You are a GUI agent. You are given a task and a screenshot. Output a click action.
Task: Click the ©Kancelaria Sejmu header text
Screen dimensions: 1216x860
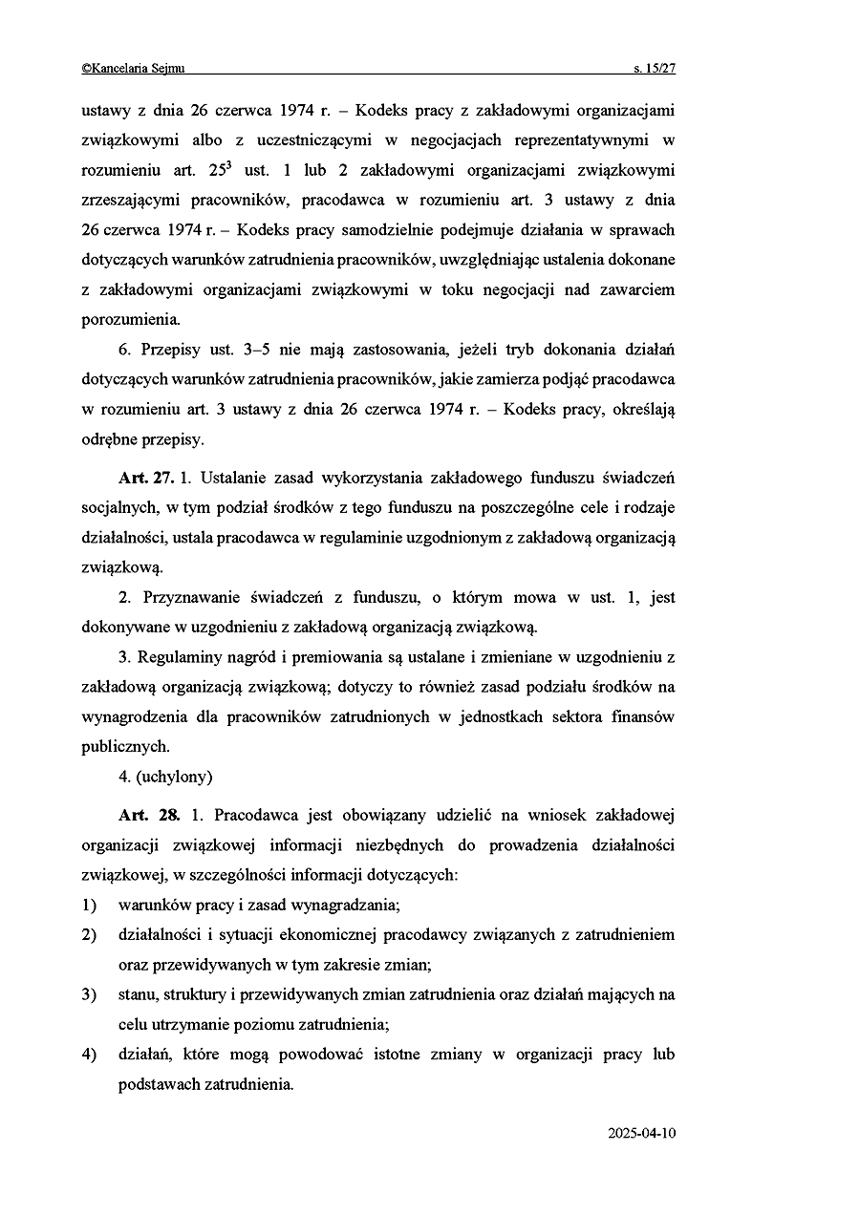pyautogui.click(x=133, y=68)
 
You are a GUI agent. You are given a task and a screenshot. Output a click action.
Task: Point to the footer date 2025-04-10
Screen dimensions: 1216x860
pyautogui.click(x=641, y=1134)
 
